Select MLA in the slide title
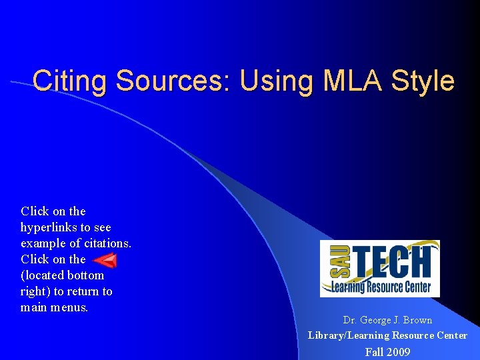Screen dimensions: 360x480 pyautogui.click(x=347, y=81)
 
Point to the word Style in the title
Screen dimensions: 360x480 pyautogui.click(x=423, y=81)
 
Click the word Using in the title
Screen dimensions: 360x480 pyautogui.click(x=269, y=81)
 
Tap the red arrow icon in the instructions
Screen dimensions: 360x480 pyautogui.click(x=105, y=260)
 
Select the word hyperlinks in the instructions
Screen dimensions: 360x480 pyautogui.click(x=49, y=227)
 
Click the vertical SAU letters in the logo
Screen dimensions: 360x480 pyautogui.click(x=330, y=263)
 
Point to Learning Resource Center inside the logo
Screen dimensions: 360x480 pyautogui.click(x=380, y=287)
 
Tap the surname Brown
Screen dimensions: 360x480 pyautogui.click(x=417, y=320)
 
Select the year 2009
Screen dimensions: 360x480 pyautogui.click(x=399, y=351)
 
